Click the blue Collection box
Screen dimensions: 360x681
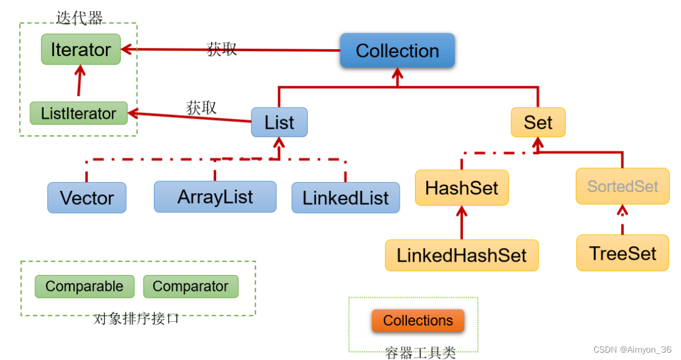coord(397,50)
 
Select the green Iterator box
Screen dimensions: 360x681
coord(81,49)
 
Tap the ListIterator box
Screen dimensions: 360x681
coord(78,113)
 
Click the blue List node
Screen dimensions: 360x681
coord(279,122)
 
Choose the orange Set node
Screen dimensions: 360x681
coord(538,122)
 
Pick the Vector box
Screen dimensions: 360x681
coord(87,198)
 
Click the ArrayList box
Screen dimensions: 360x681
coord(215,196)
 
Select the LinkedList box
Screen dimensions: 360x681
coord(345,198)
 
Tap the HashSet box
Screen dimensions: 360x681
coord(462,188)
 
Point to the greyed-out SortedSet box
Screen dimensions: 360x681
coord(623,186)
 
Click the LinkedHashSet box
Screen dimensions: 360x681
coord(462,255)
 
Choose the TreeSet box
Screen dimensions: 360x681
coord(623,253)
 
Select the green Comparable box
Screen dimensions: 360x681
coord(84,286)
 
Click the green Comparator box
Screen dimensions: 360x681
coord(190,286)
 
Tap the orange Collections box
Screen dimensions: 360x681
coord(417,321)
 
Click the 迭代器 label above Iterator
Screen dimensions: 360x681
coord(79,17)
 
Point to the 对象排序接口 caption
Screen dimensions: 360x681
coord(137,319)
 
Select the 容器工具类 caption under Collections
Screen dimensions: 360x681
coord(421,353)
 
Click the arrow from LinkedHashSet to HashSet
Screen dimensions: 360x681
coord(462,223)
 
